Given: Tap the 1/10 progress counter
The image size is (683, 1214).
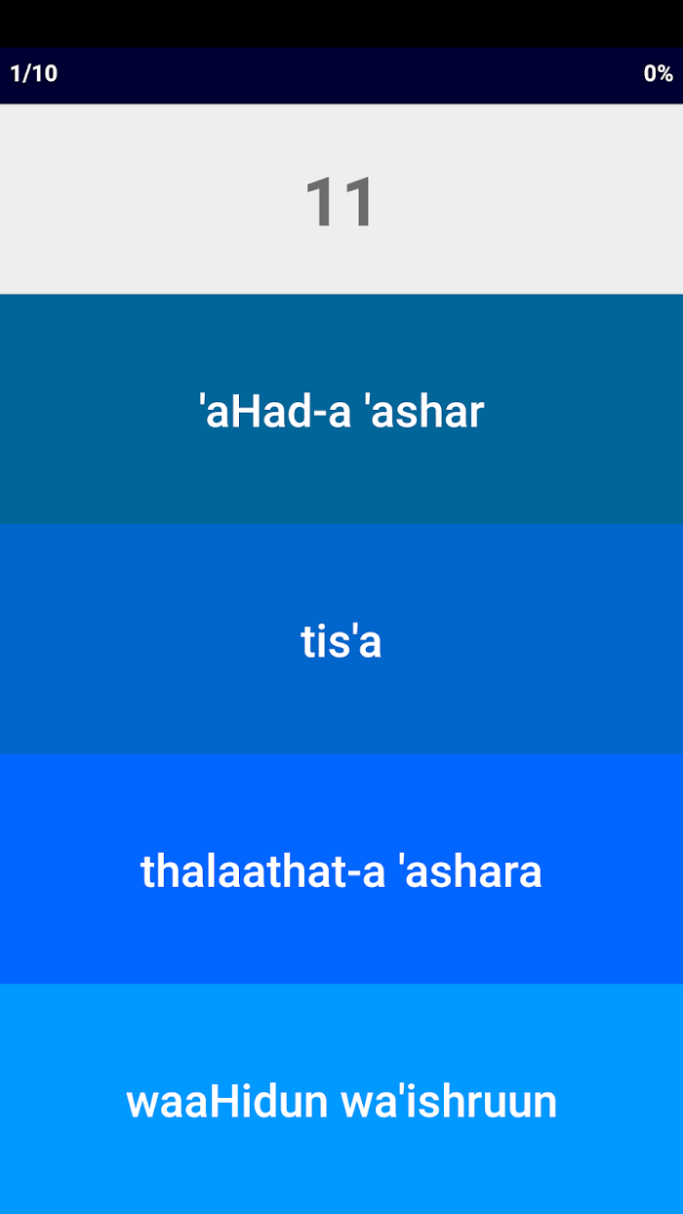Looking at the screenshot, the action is point(33,73).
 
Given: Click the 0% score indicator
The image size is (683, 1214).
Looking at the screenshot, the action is point(658,73).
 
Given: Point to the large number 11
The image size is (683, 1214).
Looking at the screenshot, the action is point(340,202).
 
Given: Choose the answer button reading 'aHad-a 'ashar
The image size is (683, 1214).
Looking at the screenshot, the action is point(341,409).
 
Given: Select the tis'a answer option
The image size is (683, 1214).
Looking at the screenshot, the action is point(341,639).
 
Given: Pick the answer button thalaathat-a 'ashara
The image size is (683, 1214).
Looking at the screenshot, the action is point(341,869).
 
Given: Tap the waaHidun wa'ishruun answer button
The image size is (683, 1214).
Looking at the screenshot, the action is point(341,1099).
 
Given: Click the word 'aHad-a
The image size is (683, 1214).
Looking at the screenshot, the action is point(275,411).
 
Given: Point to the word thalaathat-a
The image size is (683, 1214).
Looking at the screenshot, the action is point(262,870).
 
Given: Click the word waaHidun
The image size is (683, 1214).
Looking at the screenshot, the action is point(227,1101).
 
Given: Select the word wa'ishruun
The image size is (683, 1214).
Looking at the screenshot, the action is point(449,1101).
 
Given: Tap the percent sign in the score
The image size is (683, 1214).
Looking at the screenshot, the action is point(665,73).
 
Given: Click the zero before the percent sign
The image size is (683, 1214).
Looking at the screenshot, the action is point(650,73).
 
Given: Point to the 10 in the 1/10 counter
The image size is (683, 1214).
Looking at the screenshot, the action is point(46,73).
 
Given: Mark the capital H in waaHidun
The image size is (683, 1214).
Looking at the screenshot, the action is point(223,1101).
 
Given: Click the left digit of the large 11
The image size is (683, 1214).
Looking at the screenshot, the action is point(320,202).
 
